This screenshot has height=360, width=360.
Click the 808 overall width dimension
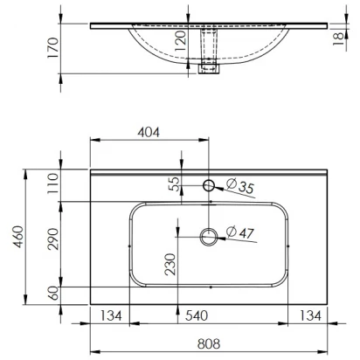(x=209, y=343)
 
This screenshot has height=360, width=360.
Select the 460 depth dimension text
(x=18, y=237)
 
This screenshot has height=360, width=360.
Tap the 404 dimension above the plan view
(x=149, y=132)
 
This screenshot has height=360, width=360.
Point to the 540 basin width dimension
(x=197, y=315)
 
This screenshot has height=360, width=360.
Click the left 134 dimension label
(x=111, y=315)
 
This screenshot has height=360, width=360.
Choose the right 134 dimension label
(x=310, y=315)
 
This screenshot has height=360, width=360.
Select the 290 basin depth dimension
(x=53, y=239)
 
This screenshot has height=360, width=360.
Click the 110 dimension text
(x=53, y=183)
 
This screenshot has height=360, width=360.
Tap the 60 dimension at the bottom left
(x=53, y=293)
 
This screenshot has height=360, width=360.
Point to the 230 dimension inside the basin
(x=170, y=265)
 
